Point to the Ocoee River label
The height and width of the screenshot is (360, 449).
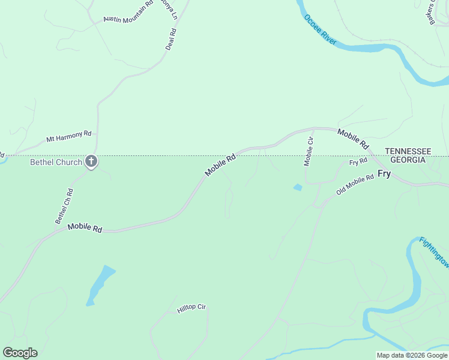click(x=320, y=30)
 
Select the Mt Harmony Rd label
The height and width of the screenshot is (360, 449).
click(x=68, y=136)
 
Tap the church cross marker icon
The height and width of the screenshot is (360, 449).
click(x=91, y=161)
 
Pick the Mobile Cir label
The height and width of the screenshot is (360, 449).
click(x=309, y=151)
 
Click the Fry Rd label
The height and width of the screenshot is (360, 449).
click(x=358, y=162)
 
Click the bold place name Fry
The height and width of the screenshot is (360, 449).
click(x=384, y=173)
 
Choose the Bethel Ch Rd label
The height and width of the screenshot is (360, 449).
click(x=64, y=206)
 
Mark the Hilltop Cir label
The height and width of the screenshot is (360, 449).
click(x=191, y=308)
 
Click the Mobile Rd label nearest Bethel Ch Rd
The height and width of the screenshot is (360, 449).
click(x=85, y=227)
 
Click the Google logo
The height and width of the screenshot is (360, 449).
click(x=20, y=353)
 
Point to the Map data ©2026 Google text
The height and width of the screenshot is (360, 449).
click(x=412, y=355)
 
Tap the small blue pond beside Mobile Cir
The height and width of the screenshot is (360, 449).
click(x=298, y=188)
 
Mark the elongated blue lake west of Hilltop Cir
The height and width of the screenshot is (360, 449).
click(x=100, y=284)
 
